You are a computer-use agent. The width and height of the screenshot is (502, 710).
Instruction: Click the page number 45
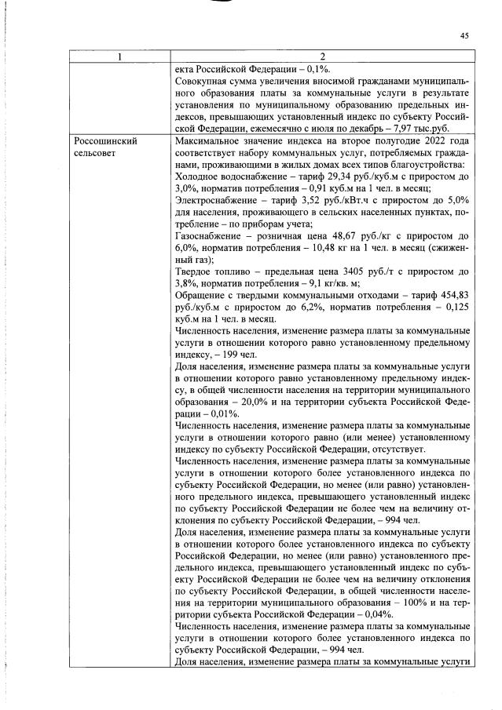click(x=464, y=35)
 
